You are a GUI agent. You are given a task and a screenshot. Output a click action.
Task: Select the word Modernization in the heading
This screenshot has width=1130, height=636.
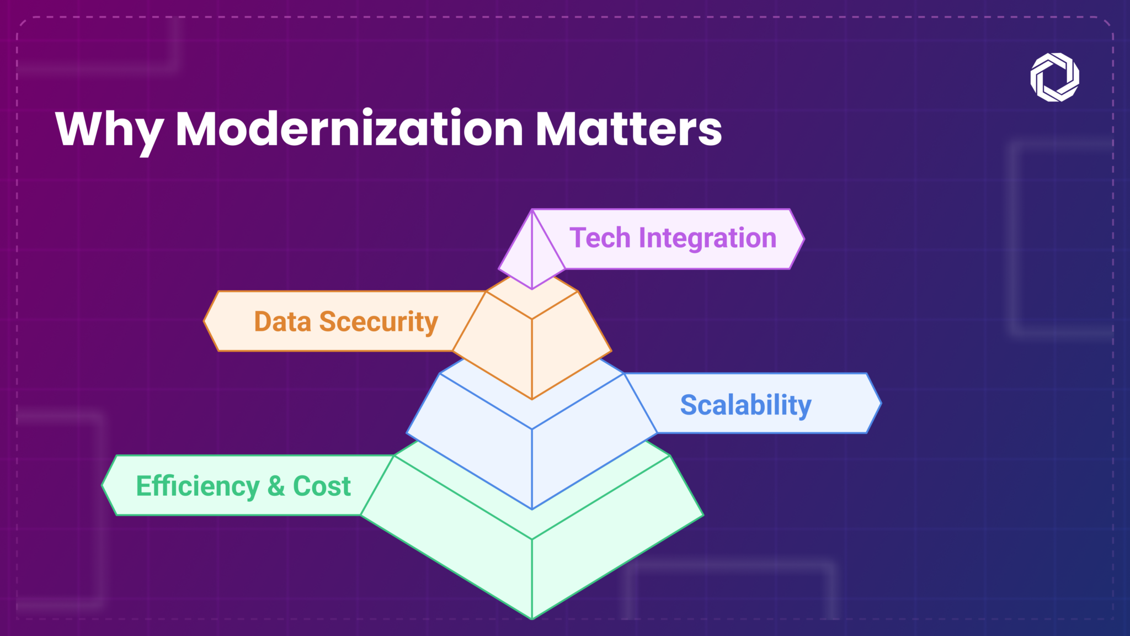pyautogui.click(x=349, y=129)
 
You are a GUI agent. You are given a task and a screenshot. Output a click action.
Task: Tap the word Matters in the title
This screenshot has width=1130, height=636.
pyautogui.click(x=628, y=129)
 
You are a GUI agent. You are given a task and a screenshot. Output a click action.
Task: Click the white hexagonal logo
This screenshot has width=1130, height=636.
pyautogui.click(x=1054, y=77)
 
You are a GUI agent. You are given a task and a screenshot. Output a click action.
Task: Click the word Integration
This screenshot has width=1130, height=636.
pyautogui.click(x=707, y=238)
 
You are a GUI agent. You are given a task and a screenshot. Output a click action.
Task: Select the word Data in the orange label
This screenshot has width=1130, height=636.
pyautogui.click(x=282, y=322)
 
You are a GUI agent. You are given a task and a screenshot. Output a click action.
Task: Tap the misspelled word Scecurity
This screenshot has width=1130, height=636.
pyautogui.click(x=379, y=322)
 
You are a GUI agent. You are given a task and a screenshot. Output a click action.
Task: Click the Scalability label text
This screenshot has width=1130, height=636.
pyautogui.click(x=745, y=405)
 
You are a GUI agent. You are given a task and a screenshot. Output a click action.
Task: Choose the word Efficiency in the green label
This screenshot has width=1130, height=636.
pyautogui.click(x=198, y=486)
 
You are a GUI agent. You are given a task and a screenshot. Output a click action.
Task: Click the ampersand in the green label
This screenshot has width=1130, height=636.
pyautogui.click(x=276, y=486)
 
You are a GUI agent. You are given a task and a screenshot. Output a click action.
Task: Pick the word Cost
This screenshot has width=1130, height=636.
pyautogui.click(x=322, y=486)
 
